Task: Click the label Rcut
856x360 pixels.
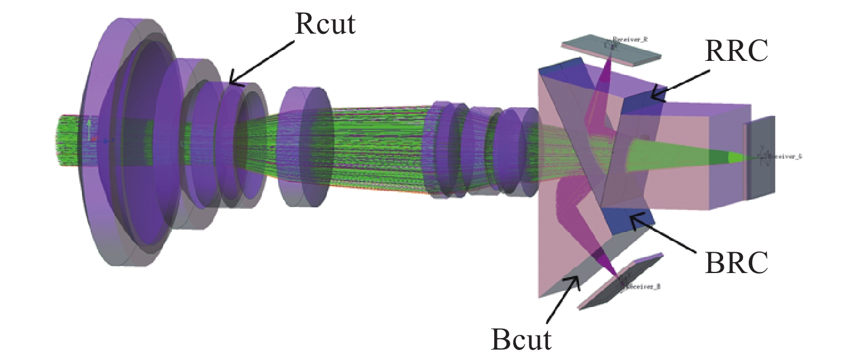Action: (x=324, y=24)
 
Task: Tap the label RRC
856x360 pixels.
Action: (x=737, y=50)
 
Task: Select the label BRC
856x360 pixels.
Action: (x=737, y=262)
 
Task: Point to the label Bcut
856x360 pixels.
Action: (x=521, y=339)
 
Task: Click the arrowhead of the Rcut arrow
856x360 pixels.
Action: (x=230, y=83)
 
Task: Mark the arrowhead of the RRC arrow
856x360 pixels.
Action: (x=651, y=99)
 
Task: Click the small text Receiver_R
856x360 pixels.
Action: (x=630, y=40)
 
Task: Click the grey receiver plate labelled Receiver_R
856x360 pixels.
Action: (x=611, y=50)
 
